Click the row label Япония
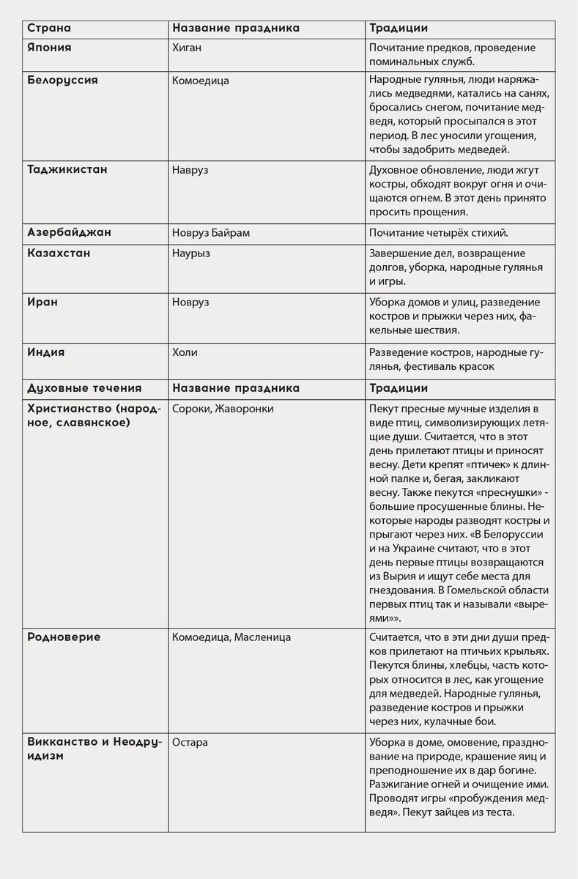coord(49,48)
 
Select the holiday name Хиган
coord(186,48)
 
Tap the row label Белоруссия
coord(62,80)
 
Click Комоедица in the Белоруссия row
coord(200,81)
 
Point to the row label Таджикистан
coord(67,169)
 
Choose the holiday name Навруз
coord(190,170)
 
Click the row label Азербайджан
coord(69,232)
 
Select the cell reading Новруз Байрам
coord(211,233)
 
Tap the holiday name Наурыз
coord(190,253)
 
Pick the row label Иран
coord(42,301)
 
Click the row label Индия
coord(45,352)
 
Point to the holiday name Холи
coord(185,352)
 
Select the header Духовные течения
coord(84,387)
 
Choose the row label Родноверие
coord(64,637)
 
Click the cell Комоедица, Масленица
coord(231,637)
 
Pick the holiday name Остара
coord(190,742)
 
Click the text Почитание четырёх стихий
coord(438,233)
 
